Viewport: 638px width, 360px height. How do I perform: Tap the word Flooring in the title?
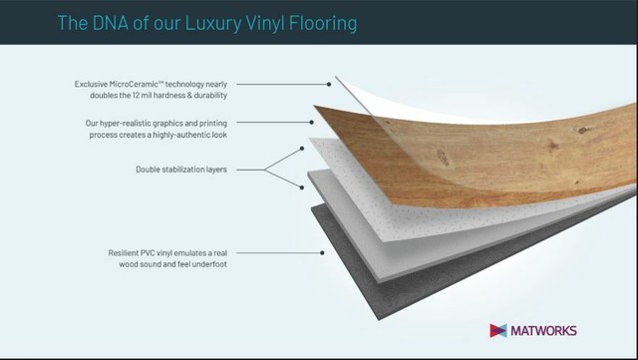(323, 23)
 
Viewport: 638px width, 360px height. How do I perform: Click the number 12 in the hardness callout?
(137, 96)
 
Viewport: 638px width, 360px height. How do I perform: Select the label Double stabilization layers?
(181, 170)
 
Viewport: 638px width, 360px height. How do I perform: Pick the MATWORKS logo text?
(543, 331)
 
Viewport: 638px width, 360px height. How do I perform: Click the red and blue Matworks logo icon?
(498, 331)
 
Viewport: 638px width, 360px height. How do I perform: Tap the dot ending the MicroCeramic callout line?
(329, 85)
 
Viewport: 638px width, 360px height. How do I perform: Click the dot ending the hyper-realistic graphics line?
(311, 123)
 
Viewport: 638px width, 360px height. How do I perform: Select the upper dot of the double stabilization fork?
(302, 149)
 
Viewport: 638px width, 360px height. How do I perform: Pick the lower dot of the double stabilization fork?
(302, 187)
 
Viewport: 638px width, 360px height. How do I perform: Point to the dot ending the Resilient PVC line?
(322, 253)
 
